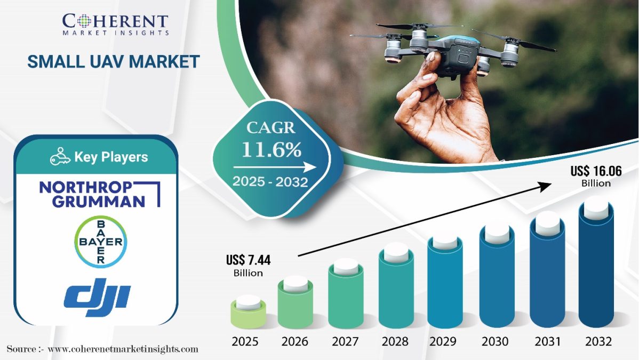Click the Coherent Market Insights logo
[115, 23]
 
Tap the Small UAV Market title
[114, 61]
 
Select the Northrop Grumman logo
[99, 194]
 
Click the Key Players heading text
[111, 157]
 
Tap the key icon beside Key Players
[60, 157]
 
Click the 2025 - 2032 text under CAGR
[270, 182]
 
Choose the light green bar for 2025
[248, 315]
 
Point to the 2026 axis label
[295, 341]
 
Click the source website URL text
[123, 349]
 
